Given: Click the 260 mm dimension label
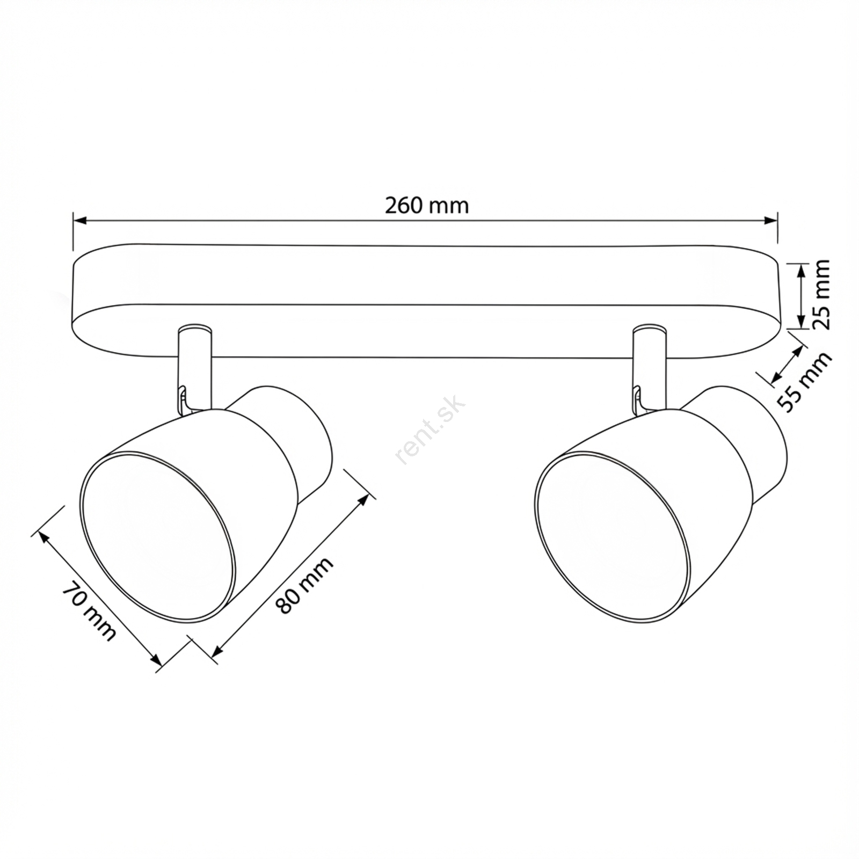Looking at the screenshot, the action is pyautogui.click(x=426, y=206).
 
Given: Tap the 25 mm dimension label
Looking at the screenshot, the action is pyautogui.click(x=820, y=294).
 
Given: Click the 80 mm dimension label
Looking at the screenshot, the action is pyautogui.click(x=304, y=586).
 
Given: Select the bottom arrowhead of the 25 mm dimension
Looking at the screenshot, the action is pyautogui.click(x=800, y=321).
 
